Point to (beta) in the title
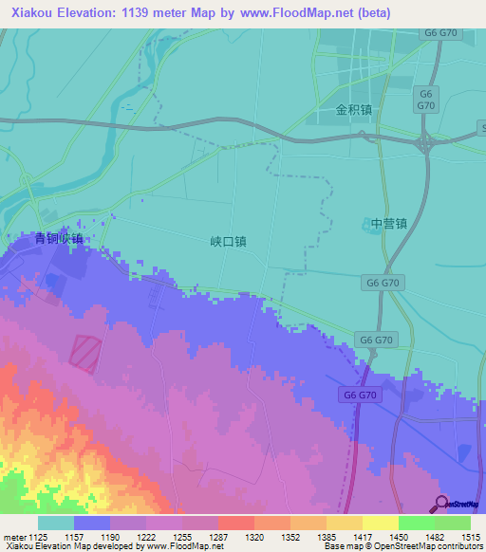click(x=368, y=12)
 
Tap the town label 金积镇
click(x=353, y=110)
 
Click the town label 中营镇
click(x=388, y=225)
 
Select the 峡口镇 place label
click(x=228, y=242)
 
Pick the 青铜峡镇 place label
click(x=58, y=239)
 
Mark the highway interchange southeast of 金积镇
click(x=424, y=144)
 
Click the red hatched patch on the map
click(x=84, y=353)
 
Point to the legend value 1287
click(x=217, y=536)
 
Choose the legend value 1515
click(x=471, y=536)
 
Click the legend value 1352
click(x=290, y=536)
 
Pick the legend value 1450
click(x=398, y=536)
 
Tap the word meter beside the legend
click(x=14, y=536)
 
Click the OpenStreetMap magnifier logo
click(x=442, y=504)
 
